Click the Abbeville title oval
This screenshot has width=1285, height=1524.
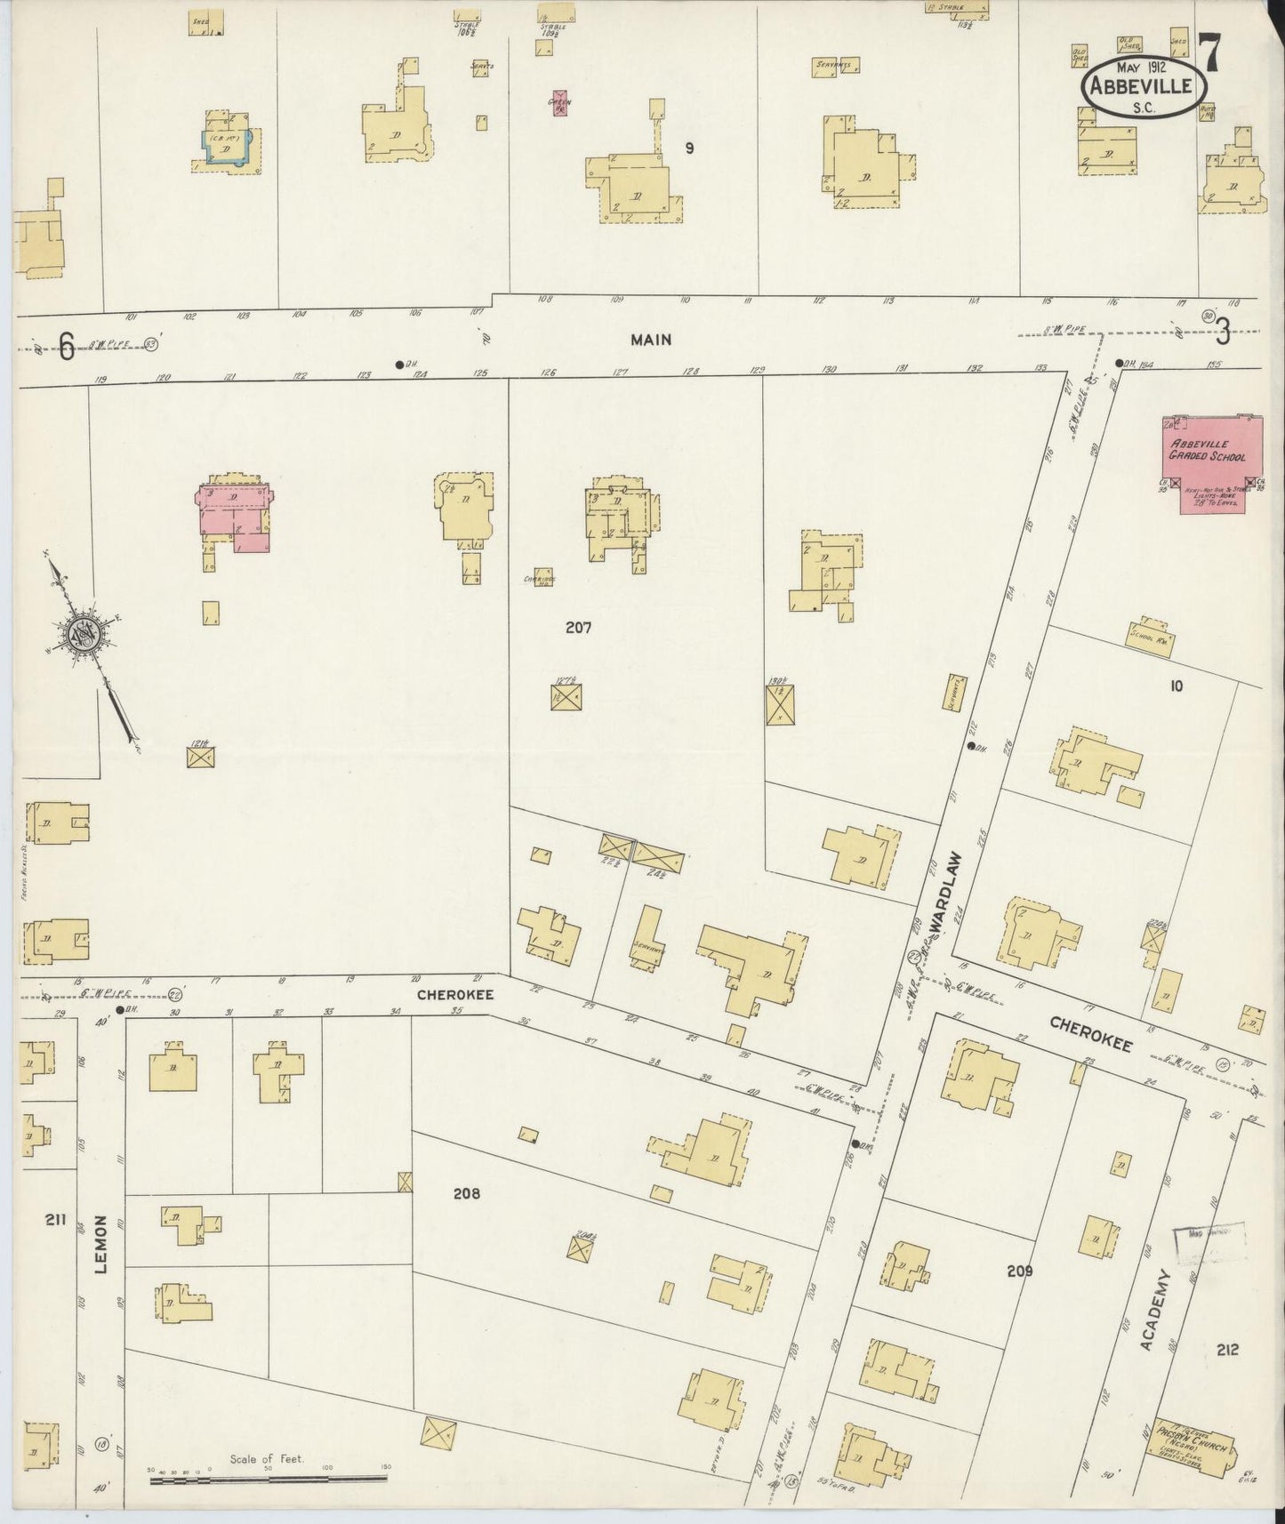(1144, 86)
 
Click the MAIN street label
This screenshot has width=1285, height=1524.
(651, 340)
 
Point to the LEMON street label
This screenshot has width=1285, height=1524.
(100, 1244)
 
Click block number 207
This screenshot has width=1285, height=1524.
(578, 627)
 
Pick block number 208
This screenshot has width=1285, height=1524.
(466, 1193)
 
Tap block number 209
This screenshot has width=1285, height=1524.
(1020, 1271)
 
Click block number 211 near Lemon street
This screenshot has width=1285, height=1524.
(55, 1221)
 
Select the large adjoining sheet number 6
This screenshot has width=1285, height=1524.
(66, 347)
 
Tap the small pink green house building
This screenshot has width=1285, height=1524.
(558, 104)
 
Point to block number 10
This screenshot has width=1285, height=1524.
(1177, 686)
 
